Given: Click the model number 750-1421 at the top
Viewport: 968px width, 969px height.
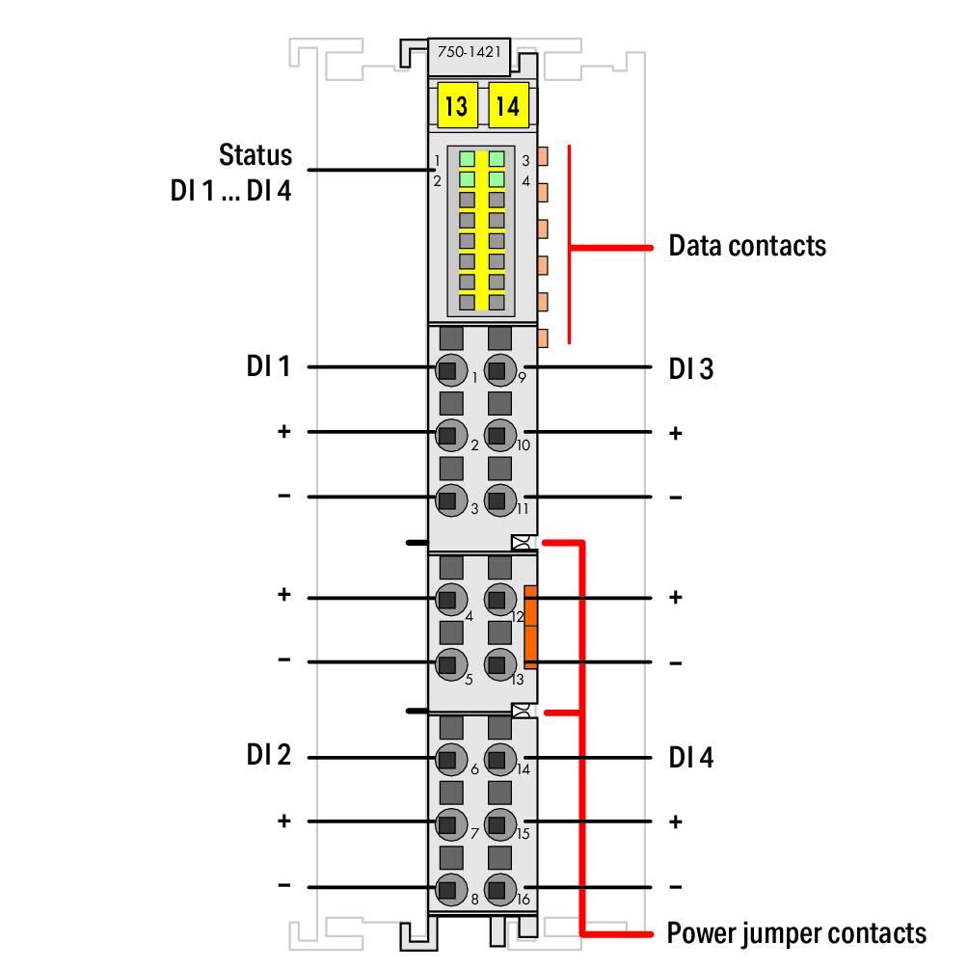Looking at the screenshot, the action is click(469, 52).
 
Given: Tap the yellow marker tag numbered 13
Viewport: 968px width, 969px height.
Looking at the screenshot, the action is click(457, 105).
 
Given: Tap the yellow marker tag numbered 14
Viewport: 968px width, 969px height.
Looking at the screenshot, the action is click(508, 105).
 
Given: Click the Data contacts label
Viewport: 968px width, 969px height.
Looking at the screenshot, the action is click(747, 246).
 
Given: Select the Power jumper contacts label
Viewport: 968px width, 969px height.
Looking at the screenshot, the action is click(796, 933).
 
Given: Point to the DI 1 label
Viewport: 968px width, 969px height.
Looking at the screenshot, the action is click(268, 365).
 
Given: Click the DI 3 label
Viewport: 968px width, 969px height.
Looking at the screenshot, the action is click(691, 369).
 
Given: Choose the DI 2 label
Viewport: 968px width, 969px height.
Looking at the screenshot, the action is click(268, 755).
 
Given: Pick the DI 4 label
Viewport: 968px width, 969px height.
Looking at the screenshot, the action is click(691, 758).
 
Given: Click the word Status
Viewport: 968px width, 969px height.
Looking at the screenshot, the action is click(255, 154).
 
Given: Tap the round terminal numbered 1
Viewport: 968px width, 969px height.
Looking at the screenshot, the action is click(450, 370).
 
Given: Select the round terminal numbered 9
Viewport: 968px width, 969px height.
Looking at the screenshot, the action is click(499, 370).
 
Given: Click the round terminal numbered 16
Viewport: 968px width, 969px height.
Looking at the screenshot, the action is click(499, 889).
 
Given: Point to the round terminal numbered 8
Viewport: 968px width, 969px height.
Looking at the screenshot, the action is click(450, 889).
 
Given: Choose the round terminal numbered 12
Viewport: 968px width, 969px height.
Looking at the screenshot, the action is click(499, 599).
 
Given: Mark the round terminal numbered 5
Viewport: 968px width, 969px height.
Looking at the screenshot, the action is click(450, 664).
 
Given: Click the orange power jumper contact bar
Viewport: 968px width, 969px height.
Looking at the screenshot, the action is click(530, 627).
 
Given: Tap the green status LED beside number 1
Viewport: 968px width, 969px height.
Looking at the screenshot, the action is click(467, 159).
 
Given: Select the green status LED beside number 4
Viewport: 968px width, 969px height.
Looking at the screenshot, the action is click(497, 179).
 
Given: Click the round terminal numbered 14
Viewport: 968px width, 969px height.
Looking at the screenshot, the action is click(499, 759).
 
